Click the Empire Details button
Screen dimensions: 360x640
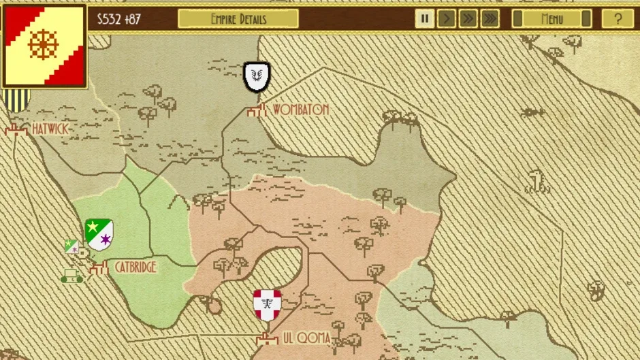click(x=238, y=19)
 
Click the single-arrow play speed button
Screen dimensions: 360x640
click(x=447, y=19)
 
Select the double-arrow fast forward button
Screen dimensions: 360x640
click(x=468, y=19)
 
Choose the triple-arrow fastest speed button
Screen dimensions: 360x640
click(x=490, y=19)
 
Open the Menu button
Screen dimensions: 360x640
click(x=551, y=19)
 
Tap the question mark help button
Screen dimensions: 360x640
click(x=618, y=19)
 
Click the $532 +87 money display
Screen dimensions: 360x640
click(x=119, y=19)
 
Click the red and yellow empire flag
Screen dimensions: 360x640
click(x=45, y=46)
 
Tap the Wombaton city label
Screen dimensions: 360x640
click(x=300, y=110)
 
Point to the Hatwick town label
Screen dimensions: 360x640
click(x=50, y=129)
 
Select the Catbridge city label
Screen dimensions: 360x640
click(x=135, y=267)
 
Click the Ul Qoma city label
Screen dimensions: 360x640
click(x=306, y=338)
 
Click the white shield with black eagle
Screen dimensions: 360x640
click(x=257, y=77)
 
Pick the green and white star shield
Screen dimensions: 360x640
click(x=99, y=234)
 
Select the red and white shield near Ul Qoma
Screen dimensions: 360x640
click(x=267, y=304)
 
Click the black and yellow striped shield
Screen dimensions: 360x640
click(x=16, y=101)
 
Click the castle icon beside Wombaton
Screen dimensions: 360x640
click(x=256, y=110)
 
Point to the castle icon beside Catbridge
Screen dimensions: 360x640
click(x=99, y=268)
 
